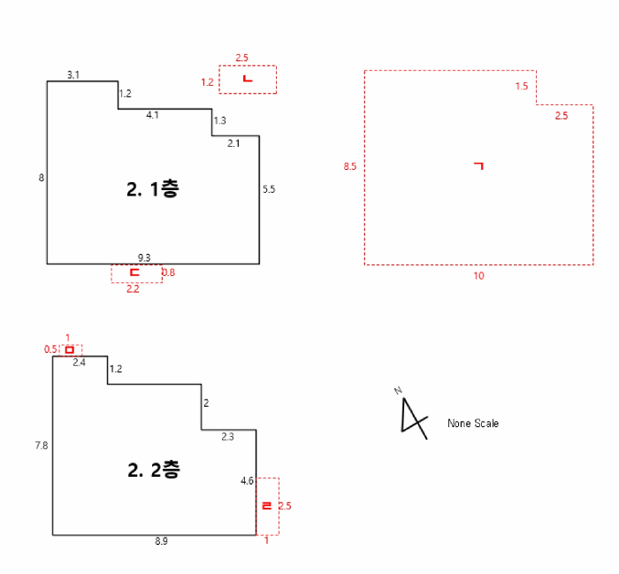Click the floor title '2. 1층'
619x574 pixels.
153,189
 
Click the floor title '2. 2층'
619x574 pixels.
154,470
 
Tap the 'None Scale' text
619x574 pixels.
473,423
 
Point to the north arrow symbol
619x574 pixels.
413,417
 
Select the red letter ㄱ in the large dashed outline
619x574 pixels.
479,165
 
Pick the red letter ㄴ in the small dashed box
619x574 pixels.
248,79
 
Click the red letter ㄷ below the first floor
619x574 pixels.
134,272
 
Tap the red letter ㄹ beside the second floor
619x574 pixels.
267,506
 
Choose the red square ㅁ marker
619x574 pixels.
70,349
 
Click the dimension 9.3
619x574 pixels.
144,257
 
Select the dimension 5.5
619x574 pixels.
269,189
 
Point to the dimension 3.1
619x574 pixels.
73,74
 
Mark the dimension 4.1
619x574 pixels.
152,115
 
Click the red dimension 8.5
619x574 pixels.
350,166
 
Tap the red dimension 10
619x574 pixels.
479,276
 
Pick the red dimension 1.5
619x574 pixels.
522,86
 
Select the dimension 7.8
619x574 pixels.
42,446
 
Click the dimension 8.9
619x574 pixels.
161,541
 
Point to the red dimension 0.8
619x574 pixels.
169,272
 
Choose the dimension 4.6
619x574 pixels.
247,481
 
